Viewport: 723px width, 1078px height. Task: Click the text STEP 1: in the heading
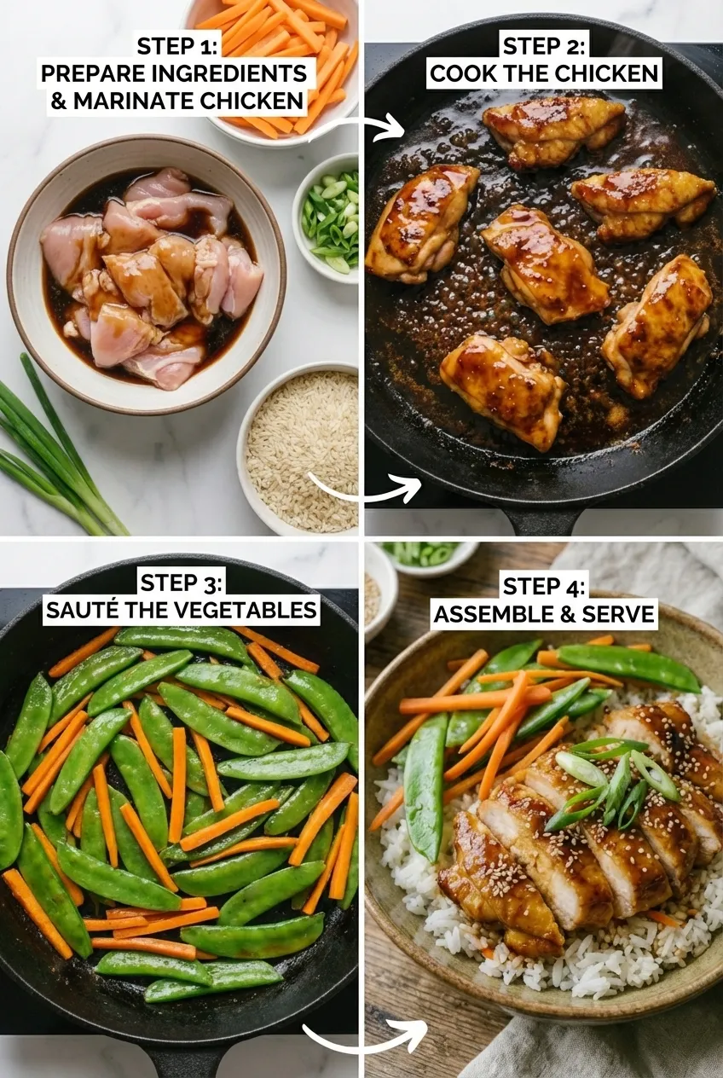click(177, 45)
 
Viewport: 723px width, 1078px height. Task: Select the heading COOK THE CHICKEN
click(544, 73)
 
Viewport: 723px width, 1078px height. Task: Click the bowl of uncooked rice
click(302, 448)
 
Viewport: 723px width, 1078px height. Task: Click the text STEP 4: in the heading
click(544, 586)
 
